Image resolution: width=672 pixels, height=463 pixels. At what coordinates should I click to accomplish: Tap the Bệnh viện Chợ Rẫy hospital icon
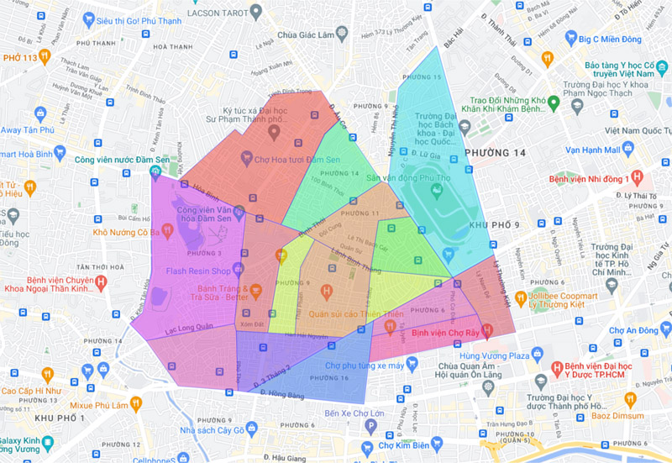pos(488,329)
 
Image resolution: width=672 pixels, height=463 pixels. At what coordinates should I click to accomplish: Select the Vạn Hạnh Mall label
pos(592,150)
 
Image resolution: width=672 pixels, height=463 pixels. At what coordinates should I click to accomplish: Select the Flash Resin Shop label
pos(198,271)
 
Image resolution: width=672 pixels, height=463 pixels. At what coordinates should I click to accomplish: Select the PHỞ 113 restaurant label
pos(21,57)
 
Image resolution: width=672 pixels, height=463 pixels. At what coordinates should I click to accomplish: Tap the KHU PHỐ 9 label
pos(495,225)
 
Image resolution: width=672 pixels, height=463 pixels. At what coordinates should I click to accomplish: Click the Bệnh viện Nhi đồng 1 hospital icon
pos(638,178)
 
